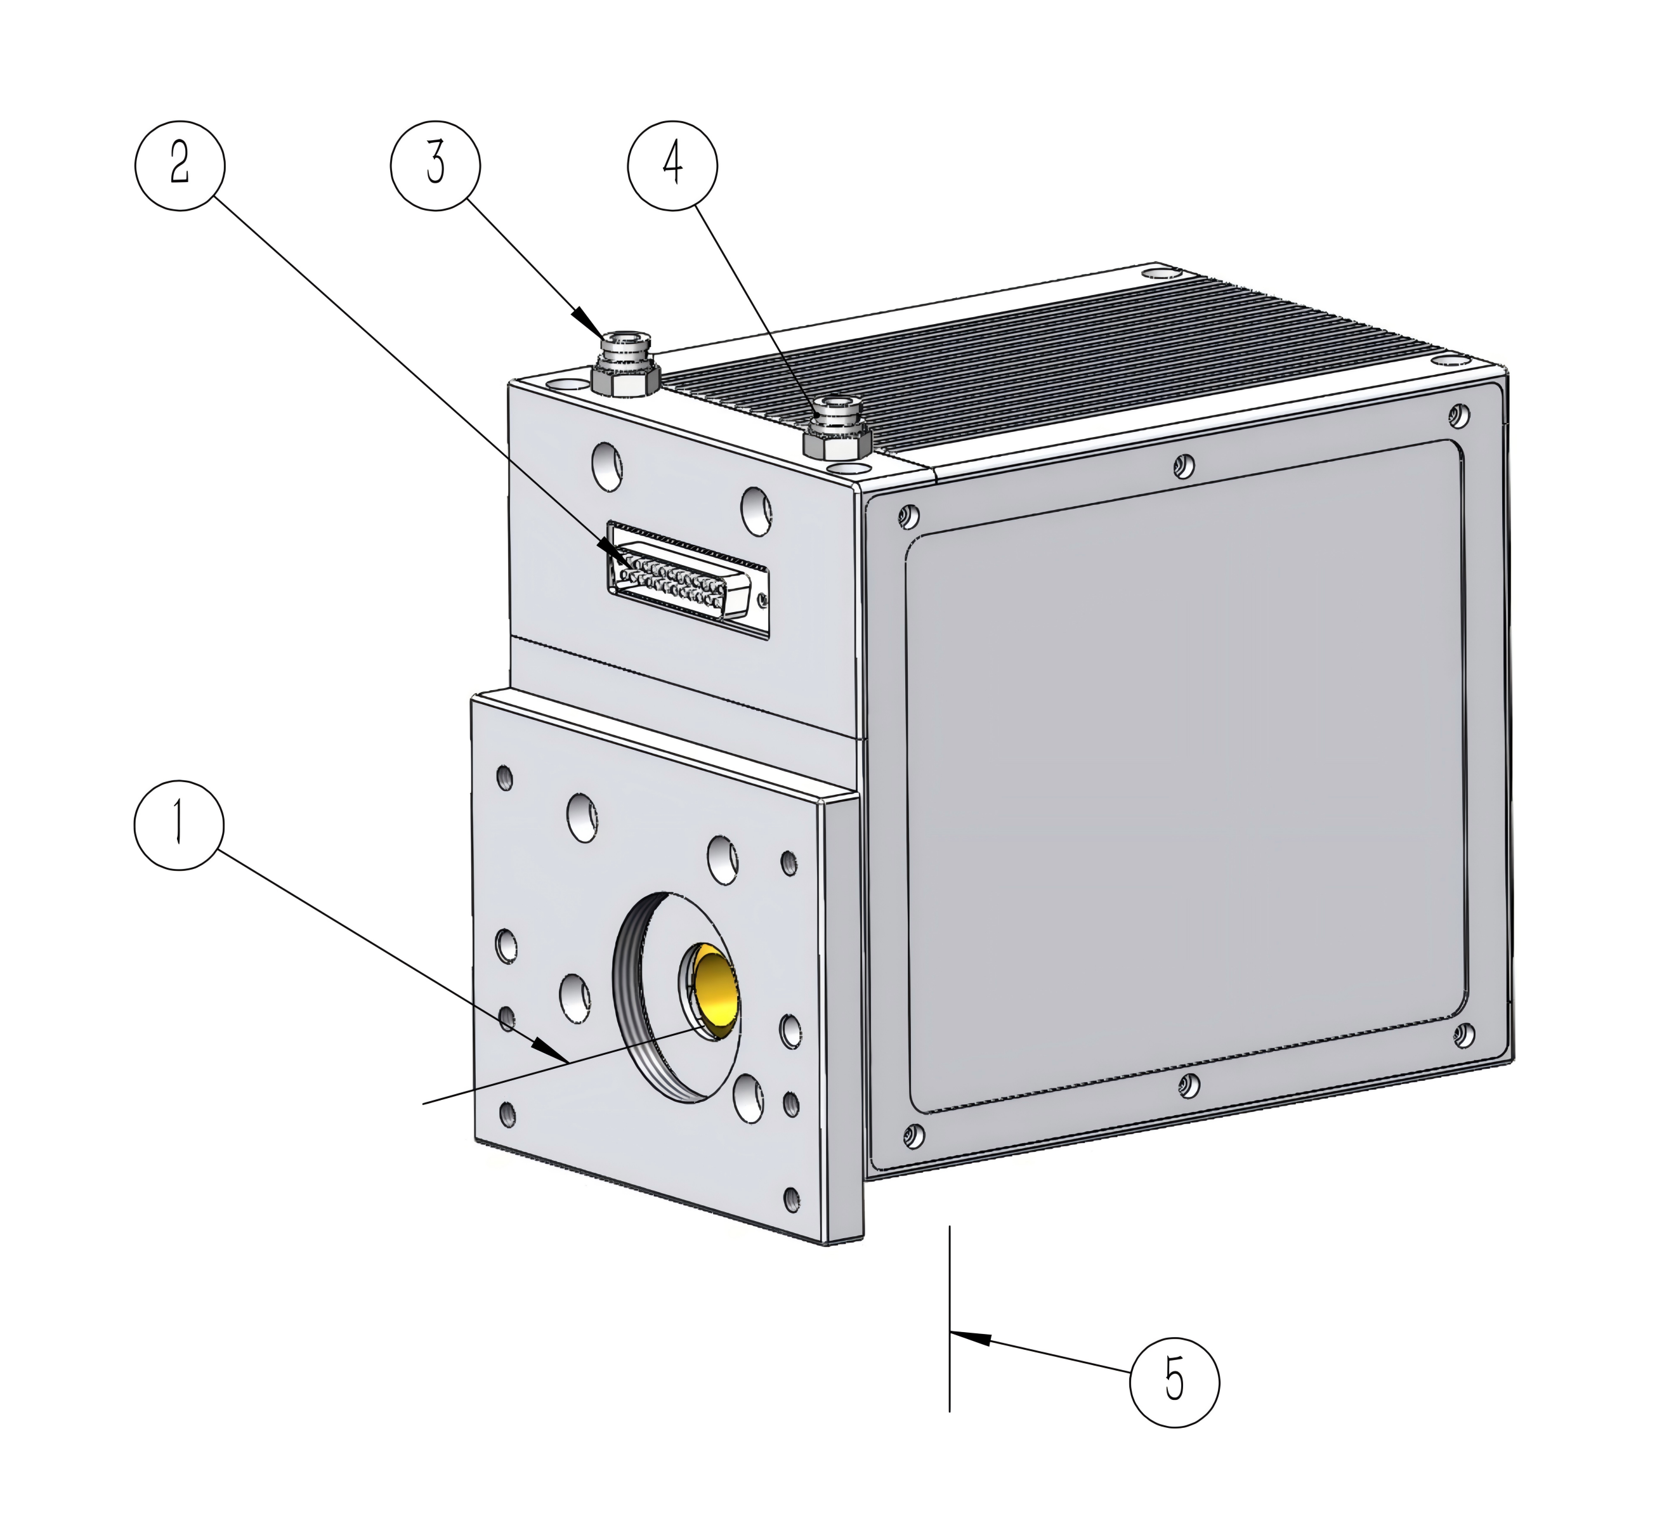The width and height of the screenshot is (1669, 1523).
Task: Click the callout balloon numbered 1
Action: click(x=179, y=825)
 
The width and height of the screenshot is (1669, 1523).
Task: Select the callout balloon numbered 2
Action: click(x=180, y=165)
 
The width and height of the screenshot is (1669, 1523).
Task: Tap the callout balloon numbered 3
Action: click(x=435, y=165)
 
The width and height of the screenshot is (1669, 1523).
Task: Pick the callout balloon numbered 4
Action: click(x=673, y=165)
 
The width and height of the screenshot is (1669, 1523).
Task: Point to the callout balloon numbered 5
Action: click(x=1175, y=1382)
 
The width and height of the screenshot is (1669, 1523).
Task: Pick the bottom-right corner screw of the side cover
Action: click(x=1463, y=1035)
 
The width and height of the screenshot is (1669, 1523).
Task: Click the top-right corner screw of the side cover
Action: click(x=1460, y=415)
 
